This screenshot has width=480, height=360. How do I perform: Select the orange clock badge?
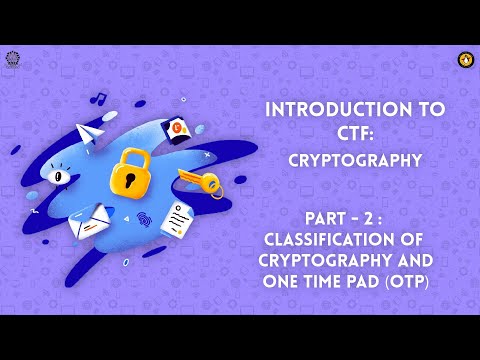click(179, 127)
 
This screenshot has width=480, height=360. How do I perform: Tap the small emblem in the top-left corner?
click(12, 58)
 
